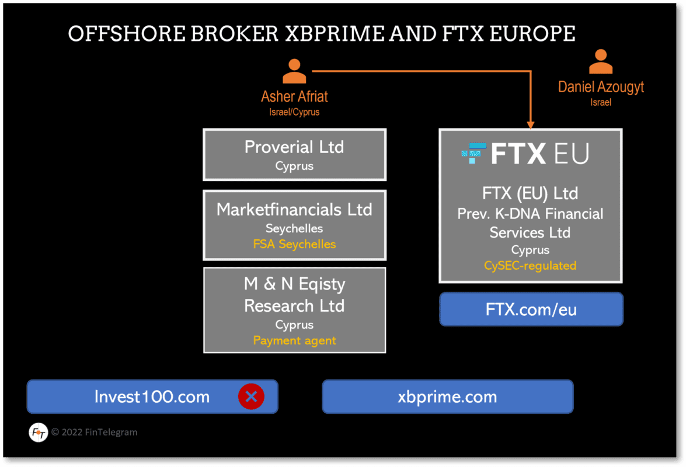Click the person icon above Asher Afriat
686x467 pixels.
point(294,72)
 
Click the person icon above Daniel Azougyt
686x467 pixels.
point(601,62)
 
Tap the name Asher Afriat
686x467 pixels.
point(294,96)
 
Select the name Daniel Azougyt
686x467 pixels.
point(601,87)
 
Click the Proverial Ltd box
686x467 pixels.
point(294,155)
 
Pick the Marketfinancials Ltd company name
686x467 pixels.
point(294,210)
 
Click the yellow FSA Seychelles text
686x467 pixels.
point(294,244)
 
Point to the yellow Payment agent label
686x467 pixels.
point(294,340)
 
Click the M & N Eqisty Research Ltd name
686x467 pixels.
point(294,295)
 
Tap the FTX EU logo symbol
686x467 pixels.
point(473,153)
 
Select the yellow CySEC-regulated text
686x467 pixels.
point(530,266)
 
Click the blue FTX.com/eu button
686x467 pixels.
point(531,309)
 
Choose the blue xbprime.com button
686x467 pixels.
point(447,397)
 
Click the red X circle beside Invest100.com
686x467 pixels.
point(251,397)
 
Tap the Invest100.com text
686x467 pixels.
point(152,397)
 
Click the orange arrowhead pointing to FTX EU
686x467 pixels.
point(530,124)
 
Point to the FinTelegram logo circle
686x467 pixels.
point(38,433)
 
